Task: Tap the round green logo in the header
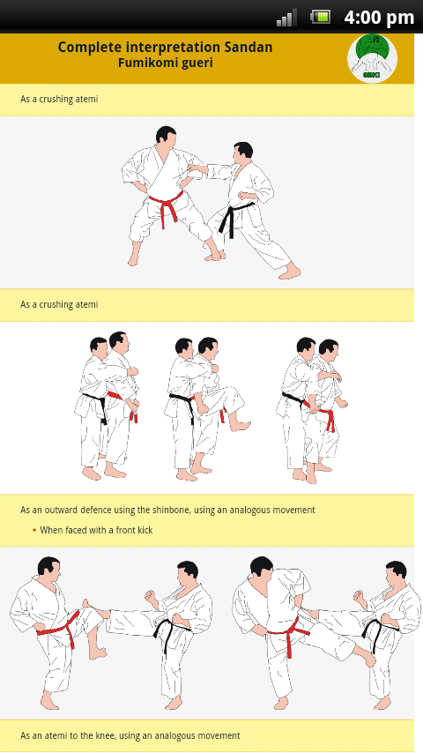(x=372, y=58)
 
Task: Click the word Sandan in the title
(x=248, y=47)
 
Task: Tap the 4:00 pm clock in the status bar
(x=379, y=18)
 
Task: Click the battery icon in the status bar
(x=321, y=18)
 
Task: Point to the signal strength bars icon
(x=286, y=18)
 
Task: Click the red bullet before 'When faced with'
(x=34, y=530)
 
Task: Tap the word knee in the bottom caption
(x=107, y=735)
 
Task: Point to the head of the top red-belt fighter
(x=166, y=137)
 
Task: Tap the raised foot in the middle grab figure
(x=239, y=424)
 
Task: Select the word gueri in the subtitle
(x=197, y=63)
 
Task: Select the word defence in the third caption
(x=98, y=510)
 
